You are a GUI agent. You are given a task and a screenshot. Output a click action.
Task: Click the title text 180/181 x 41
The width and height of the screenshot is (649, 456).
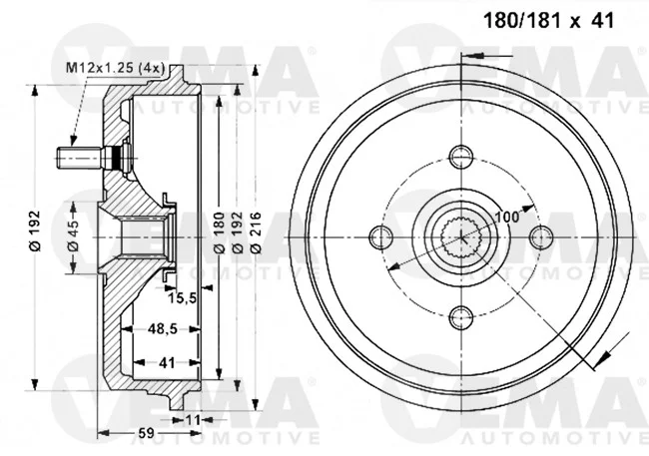(x=549, y=20)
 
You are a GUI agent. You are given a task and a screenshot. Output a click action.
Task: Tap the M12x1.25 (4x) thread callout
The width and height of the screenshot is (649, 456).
(x=116, y=68)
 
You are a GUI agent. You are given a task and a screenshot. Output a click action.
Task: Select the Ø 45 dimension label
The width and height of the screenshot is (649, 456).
(x=73, y=235)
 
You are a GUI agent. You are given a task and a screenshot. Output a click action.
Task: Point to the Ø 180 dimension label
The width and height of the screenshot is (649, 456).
(x=219, y=232)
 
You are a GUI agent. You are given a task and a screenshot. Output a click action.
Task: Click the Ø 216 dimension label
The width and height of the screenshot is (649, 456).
(x=256, y=232)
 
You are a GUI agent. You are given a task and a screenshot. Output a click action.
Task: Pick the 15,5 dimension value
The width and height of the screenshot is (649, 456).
(x=182, y=297)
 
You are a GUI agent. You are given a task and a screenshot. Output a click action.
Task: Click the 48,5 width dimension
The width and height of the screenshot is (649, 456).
(x=163, y=329)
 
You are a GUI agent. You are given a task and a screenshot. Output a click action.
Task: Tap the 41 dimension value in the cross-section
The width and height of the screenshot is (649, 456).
(x=167, y=363)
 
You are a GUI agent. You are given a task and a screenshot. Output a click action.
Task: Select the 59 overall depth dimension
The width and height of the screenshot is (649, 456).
(x=146, y=433)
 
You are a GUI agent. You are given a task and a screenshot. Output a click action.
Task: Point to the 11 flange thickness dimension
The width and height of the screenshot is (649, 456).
(x=193, y=420)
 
